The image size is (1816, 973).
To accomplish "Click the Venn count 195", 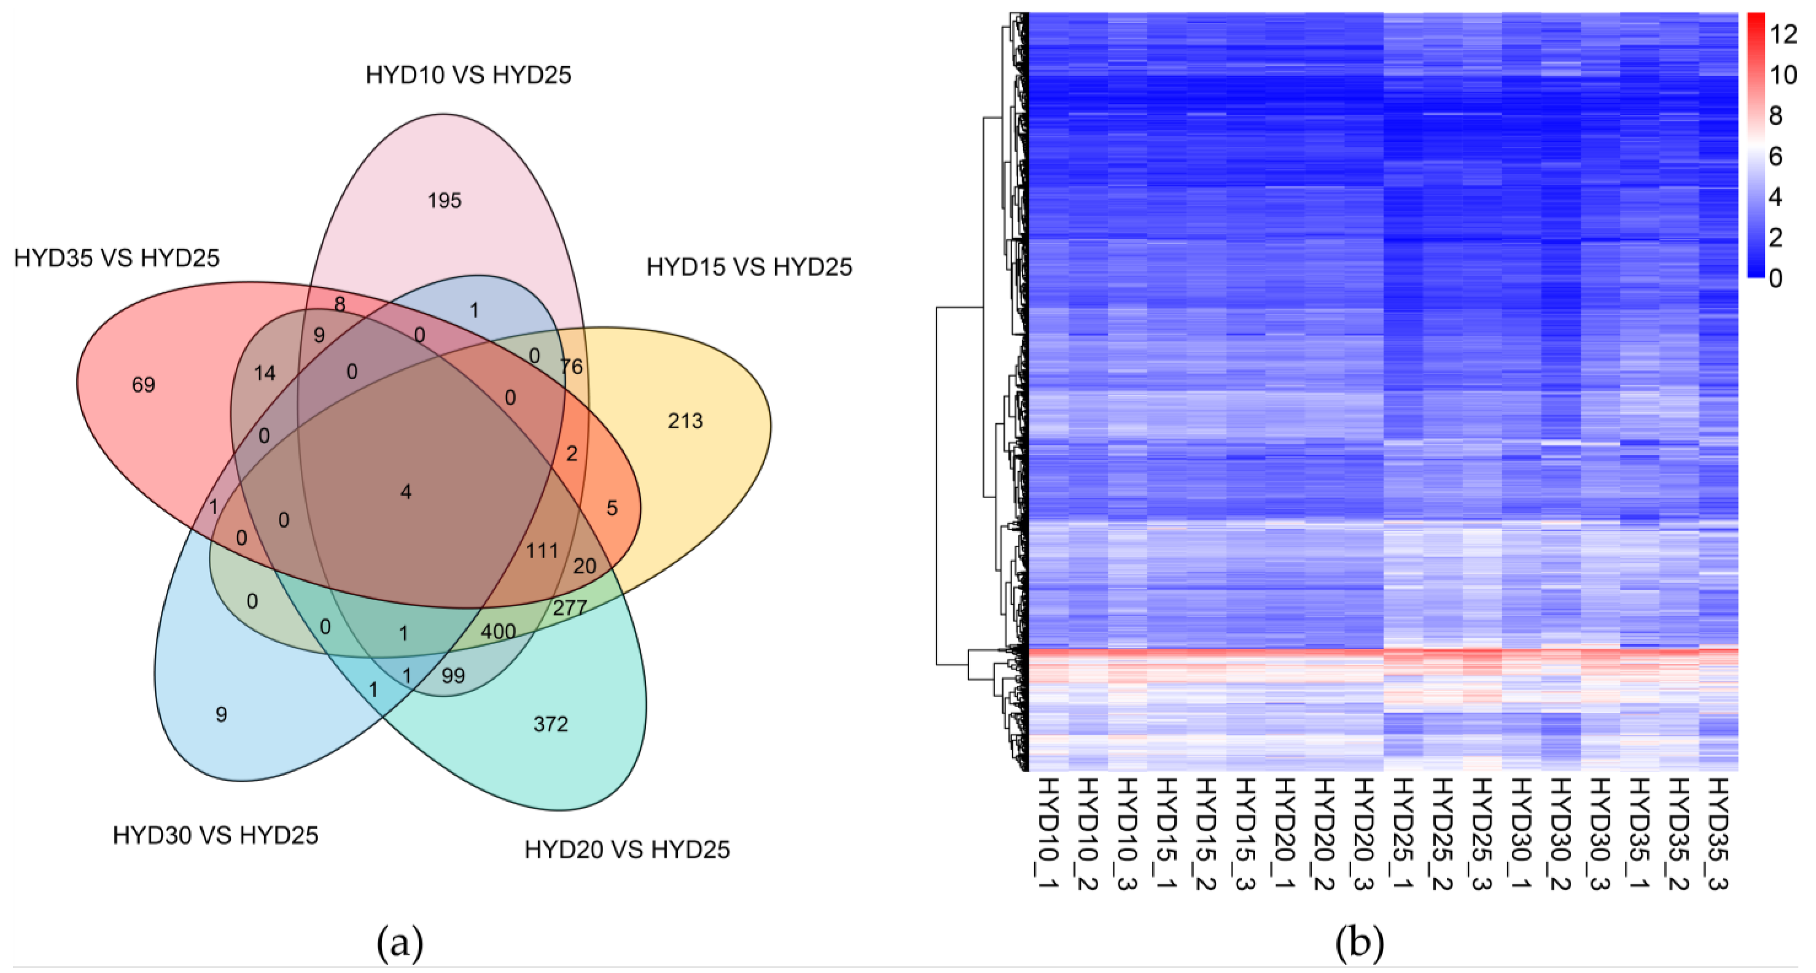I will tap(444, 201).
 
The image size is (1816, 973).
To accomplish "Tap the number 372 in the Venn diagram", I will tap(550, 724).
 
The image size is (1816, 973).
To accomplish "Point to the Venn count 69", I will tap(143, 385).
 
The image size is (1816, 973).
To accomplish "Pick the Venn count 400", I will tap(498, 631).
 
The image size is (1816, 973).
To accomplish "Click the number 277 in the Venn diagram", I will tap(570, 607).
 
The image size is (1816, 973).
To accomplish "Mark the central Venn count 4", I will tap(406, 492).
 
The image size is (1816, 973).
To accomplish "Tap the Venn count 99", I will tap(453, 676).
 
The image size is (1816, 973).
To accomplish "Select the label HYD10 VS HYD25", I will tap(468, 75).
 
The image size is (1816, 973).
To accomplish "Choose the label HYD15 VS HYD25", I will tap(749, 267).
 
